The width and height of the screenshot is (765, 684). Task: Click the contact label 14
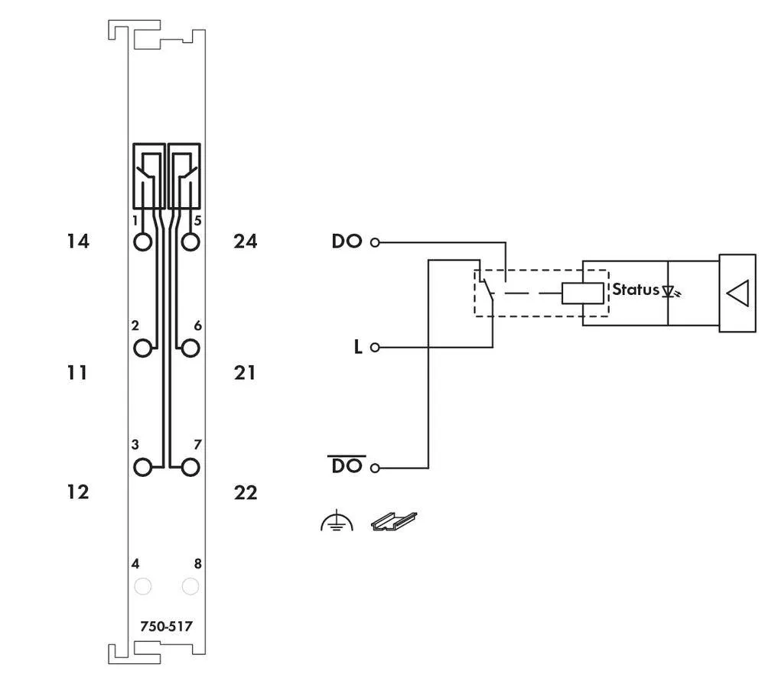[78, 242]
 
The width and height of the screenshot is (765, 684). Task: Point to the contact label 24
[246, 242]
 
